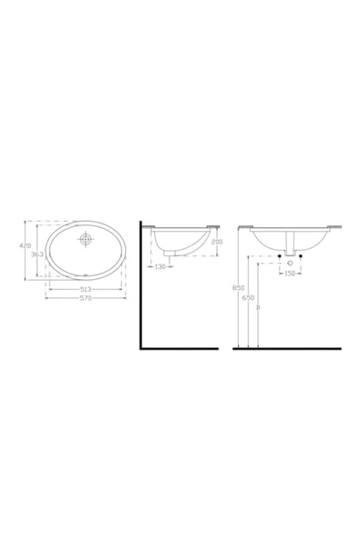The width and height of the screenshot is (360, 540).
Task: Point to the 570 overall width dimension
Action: pos(85,298)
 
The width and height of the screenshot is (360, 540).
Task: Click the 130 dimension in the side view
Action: pos(160,266)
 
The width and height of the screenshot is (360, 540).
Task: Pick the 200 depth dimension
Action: pos(216,241)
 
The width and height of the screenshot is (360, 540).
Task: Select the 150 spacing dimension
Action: pos(289,272)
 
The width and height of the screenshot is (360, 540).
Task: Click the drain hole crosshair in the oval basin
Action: pos(86,241)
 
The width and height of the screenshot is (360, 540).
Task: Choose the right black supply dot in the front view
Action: pos(300,262)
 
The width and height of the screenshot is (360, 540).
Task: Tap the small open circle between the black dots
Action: pos(289,262)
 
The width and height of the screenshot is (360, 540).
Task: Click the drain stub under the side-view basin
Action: pos(166,259)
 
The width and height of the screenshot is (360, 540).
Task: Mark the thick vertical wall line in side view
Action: pos(139,287)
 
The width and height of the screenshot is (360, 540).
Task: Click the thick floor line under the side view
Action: pos(179,348)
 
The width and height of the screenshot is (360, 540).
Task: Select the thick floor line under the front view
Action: pos(287,348)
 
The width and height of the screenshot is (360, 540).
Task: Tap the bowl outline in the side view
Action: pos(179,244)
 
